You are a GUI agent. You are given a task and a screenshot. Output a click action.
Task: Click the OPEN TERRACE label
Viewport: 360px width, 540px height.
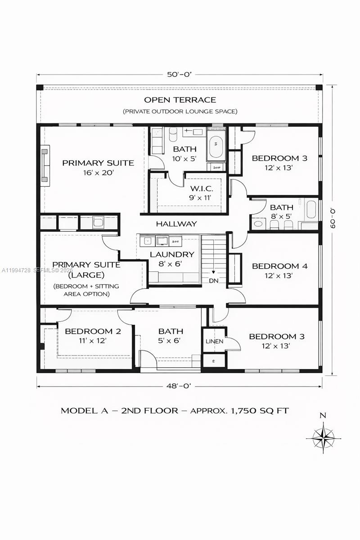tap(180, 100)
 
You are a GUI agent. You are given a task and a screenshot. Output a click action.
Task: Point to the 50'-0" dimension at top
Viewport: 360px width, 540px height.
tap(180, 75)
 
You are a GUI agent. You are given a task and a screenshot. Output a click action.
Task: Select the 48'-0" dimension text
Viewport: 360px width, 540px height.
tap(180, 386)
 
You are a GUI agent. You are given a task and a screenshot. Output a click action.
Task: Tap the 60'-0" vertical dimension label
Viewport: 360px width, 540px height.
tap(333, 218)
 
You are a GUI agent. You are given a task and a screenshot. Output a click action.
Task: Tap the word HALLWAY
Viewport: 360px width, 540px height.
tap(176, 224)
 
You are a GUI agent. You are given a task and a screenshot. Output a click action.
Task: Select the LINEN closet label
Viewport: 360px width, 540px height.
tap(214, 342)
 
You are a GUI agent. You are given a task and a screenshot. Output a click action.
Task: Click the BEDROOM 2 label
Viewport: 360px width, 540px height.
tap(93, 332)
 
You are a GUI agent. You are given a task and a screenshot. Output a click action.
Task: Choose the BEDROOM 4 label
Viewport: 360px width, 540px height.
tap(279, 266)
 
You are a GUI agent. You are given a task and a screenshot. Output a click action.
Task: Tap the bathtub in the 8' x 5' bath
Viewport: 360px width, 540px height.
tap(311, 210)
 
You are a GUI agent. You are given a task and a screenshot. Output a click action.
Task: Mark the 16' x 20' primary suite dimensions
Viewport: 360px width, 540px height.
tap(98, 172)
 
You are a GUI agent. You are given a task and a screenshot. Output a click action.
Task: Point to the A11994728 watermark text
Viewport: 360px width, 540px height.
tap(16, 270)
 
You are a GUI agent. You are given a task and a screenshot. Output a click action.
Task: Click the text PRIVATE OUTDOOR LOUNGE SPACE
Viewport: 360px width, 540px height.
tap(180, 111)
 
